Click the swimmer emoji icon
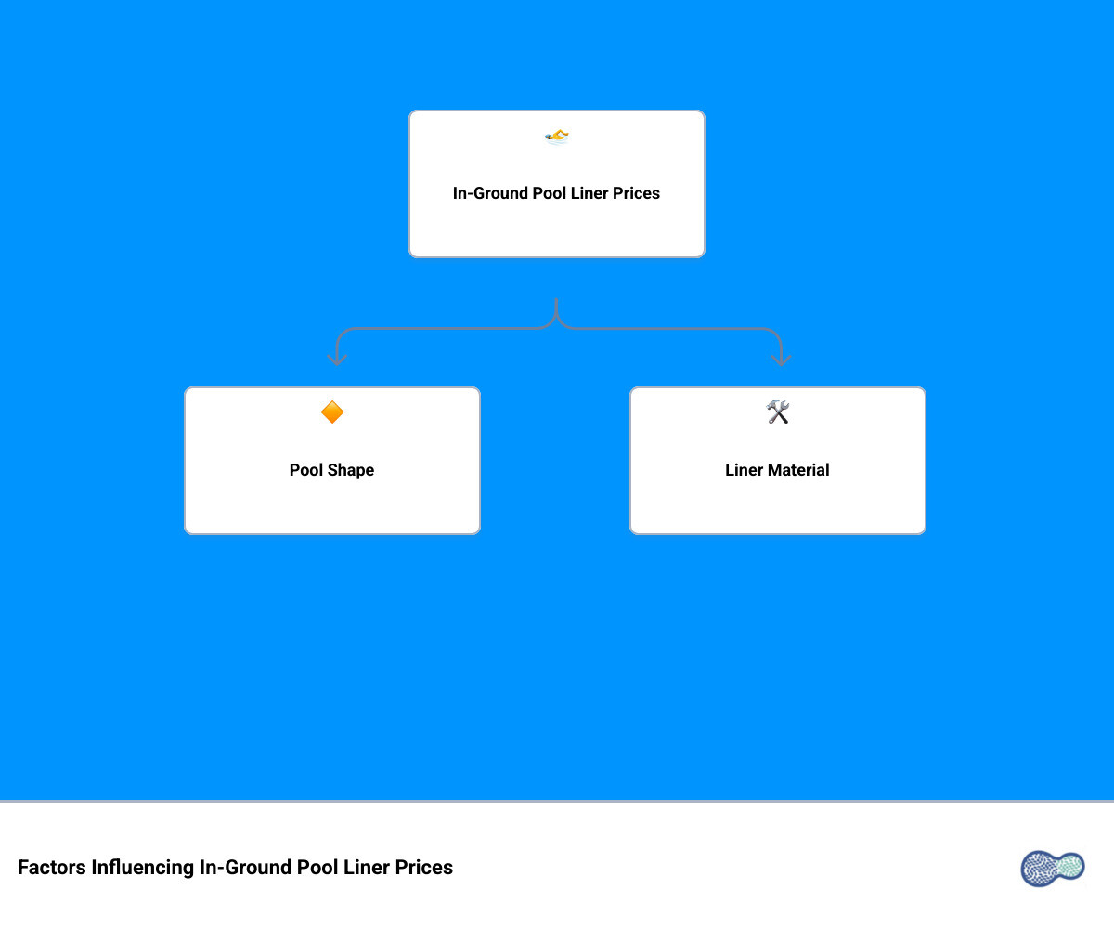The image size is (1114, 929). click(556, 137)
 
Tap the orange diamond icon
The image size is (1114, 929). click(331, 412)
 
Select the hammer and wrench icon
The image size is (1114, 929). click(777, 412)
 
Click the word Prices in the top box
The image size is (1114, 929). click(636, 192)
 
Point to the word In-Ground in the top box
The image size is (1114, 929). click(490, 192)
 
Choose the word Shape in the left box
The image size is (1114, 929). click(351, 470)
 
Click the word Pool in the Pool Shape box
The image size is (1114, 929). click(306, 470)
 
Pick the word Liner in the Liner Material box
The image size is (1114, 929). click(745, 470)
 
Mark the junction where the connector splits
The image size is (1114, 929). click(556, 320)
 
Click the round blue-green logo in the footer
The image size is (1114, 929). click(1052, 868)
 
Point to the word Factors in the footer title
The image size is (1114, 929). click(52, 868)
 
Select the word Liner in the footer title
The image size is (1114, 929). click(367, 868)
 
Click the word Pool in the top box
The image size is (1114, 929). click(549, 192)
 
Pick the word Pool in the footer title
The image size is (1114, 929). click(317, 868)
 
